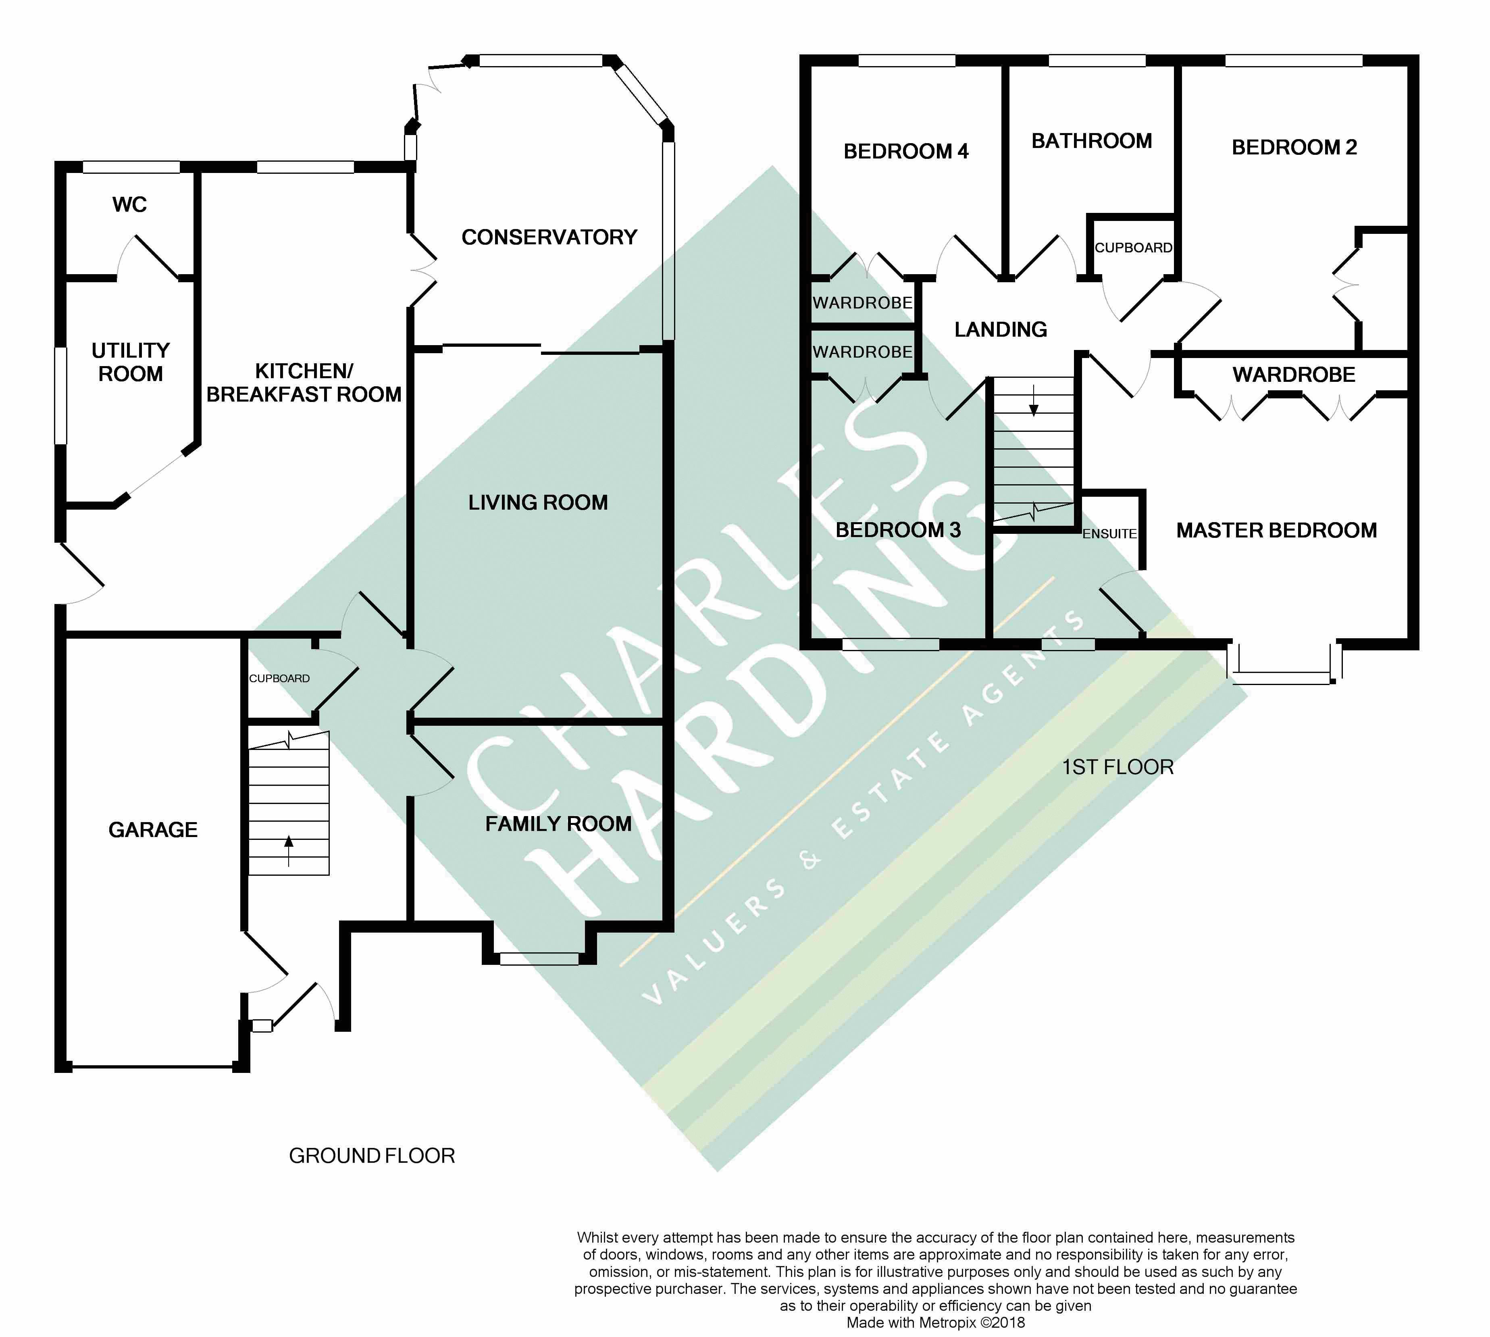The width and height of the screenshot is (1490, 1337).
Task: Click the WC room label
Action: (129, 204)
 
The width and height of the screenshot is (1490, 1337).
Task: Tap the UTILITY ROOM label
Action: (131, 362)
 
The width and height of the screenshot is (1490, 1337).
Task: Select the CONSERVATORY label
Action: (549, 237)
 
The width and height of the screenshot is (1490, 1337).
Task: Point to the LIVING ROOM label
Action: (538, 502)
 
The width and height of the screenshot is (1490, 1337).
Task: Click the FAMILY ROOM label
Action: (558, 823)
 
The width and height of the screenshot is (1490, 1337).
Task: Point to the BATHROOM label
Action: (1091, 141)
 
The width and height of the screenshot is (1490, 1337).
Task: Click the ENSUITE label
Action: (1109, 534)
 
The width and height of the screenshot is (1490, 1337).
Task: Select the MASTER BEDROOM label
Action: (1276, 530)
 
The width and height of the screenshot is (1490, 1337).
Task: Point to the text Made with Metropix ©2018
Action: (936, 1323)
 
